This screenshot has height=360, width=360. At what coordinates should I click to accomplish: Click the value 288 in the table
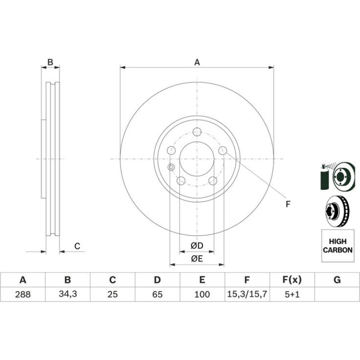(x=23, y=294)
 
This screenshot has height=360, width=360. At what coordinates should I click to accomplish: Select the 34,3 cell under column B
(x=68, y=294)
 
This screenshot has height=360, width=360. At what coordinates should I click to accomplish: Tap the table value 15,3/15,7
(x=247, y=294)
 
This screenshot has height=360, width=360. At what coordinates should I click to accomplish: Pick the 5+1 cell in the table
(x=292, y=294)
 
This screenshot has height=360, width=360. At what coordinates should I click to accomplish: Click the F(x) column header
(x=292, y=280)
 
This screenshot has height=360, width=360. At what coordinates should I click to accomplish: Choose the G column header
(x=337, y=280)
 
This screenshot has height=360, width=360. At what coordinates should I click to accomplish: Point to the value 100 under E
(x=202, y=294)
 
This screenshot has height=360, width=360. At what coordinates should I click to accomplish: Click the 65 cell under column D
(x=157, y=294)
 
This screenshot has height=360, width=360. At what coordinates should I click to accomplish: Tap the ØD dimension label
(x=197, y=246)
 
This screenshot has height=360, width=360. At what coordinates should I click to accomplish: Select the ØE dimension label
(x=197, y=259)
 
